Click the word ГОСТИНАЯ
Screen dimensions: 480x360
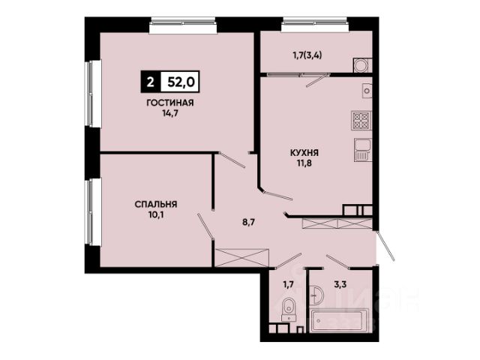point(170,103)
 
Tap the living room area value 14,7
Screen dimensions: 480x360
point(170,113)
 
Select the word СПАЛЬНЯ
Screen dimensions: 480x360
point(156,204)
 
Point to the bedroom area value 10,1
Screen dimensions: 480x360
point(156,215)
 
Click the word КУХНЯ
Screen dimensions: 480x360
point(304,152)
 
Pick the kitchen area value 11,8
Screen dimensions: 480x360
point(304,163)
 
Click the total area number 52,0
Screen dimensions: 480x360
point(181,82)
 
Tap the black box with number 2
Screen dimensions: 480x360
point(150,82)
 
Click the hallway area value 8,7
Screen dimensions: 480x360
point(249,222)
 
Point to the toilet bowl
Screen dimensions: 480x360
point(289,308)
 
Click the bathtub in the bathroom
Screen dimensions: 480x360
point(340,321)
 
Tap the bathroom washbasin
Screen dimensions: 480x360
point(316,295)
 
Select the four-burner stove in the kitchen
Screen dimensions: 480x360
point(361,120)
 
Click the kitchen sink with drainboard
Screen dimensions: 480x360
point(363,150)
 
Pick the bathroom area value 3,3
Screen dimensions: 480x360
point(340,285)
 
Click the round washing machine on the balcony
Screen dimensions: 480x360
point(361,65)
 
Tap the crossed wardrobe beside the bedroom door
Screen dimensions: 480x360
point(241,258)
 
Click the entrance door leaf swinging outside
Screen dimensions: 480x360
point(385,247)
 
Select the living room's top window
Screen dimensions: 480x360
point(183,25)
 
